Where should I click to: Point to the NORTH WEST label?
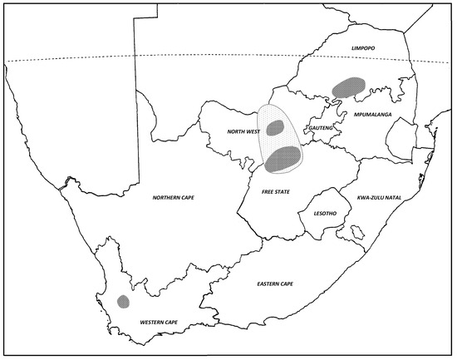pyautogui.click(x=243, y=132)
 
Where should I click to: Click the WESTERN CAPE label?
pyautogui.click(x=161, y=322)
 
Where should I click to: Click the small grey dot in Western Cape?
pyautogui.click(x=123, y=301)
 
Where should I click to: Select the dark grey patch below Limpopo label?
pyautogui.click(x=348, y=85)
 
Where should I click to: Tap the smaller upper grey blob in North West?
pyautogui.click(x=276, y=127)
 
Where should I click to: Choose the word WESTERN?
pyautogui.click(x=153, y=322)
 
